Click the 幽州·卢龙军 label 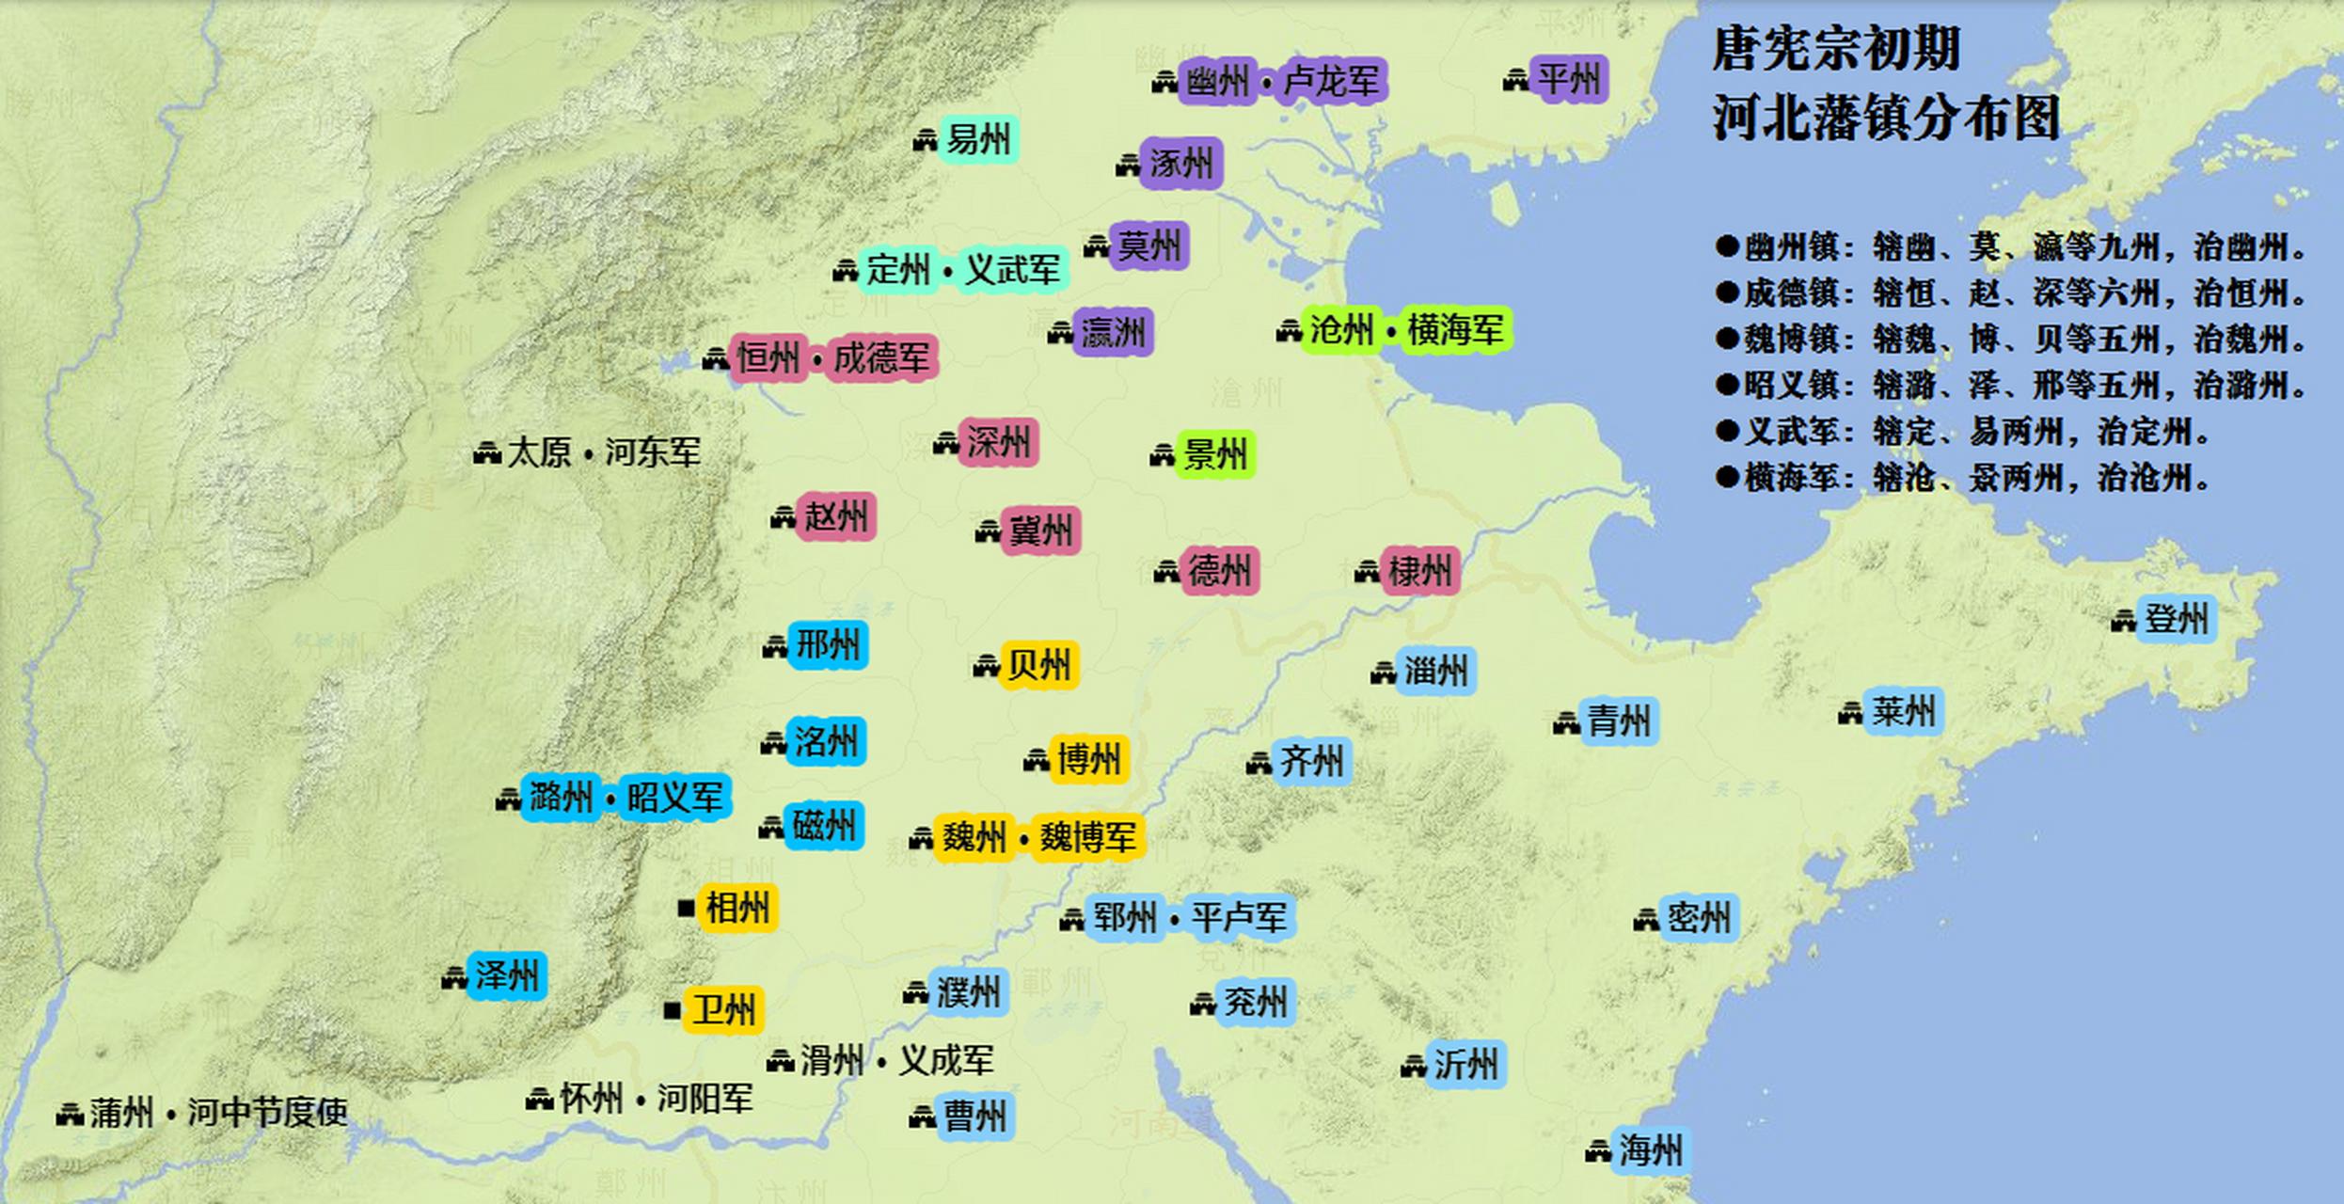(1281, 81)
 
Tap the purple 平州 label (1568, 78)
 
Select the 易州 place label (977, 140)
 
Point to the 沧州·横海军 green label (1406, 330)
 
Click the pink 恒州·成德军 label (832, 358)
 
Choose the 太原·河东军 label (603, 453)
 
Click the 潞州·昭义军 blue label (626, 799)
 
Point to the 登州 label (2175, 619)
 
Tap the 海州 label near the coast (1650, 1149)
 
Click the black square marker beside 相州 (687, 909)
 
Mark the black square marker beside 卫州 (672, 1010)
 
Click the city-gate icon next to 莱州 (1849, 714)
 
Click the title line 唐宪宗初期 (1835, 49)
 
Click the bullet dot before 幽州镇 (1726, 247)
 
